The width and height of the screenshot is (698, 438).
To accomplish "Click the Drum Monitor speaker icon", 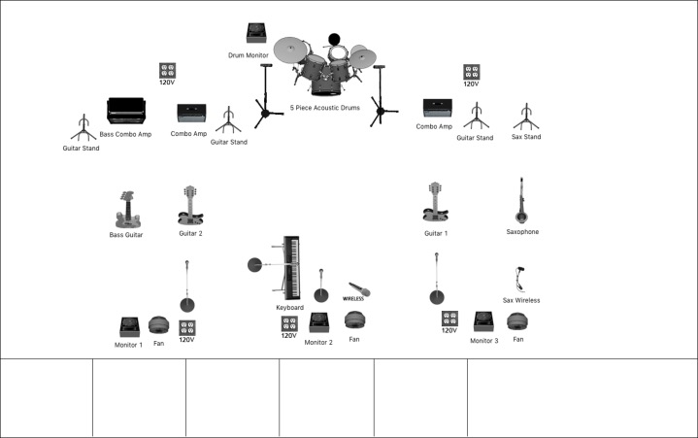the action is [256, 33].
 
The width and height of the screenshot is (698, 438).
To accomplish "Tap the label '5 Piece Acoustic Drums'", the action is [325, 108].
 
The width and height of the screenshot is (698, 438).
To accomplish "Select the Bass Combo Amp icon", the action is [126, 111].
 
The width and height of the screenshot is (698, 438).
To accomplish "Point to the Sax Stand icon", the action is [526, 117].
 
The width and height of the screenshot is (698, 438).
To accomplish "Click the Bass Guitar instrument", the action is [128, 210].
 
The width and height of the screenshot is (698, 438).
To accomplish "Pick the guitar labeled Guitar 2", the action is [190, 205].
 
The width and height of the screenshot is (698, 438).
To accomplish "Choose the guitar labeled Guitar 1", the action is [435, 202].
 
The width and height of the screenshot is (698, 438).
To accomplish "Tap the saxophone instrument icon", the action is [521, 200].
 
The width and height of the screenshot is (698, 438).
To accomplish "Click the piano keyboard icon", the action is [291, 268].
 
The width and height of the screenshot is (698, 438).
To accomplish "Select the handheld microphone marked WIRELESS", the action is [360, 289].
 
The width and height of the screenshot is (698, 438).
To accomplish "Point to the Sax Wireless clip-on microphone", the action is [519, 279].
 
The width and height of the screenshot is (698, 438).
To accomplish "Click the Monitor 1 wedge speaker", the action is [129, 327].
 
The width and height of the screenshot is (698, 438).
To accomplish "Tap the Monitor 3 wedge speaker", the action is [483, 321].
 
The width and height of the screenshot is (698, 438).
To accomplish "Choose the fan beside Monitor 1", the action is [159, 325].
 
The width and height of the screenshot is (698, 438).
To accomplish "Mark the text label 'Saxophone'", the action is [522, 232].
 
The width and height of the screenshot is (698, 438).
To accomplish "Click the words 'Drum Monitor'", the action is [249, 55].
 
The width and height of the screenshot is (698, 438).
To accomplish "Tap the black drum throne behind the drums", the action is [334, 40].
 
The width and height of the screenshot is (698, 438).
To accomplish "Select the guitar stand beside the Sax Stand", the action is [477, 116].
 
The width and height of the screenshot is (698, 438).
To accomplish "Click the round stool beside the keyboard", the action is [255, 265].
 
